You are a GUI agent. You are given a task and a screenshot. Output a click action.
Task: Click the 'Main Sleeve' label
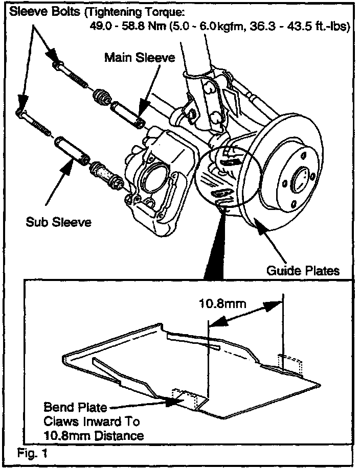tap(139, 57)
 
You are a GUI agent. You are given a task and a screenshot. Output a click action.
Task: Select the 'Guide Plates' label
tap(303, 270)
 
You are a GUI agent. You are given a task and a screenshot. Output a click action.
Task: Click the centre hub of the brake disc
tap(300, 180)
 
